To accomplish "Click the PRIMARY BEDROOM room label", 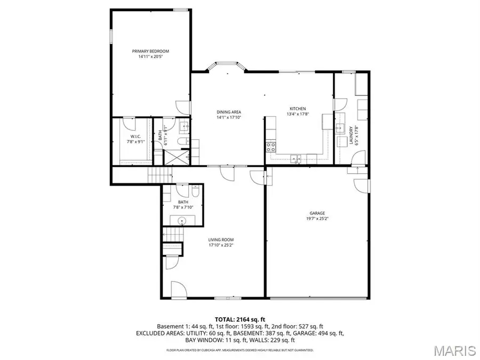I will click(x=150, y=51).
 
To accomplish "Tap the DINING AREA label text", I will click(x=229, y=112).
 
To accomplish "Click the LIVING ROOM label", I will click(x=221, y=239).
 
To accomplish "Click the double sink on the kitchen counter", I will click(x=295, y=157).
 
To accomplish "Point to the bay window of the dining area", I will click(x=227, y=67).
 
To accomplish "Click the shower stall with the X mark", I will click(x=175, y=157).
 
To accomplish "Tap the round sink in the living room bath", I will click(x=182, y=220).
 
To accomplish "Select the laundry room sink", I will click(x=339, y=128).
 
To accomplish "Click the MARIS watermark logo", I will click(x=454, y=350).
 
